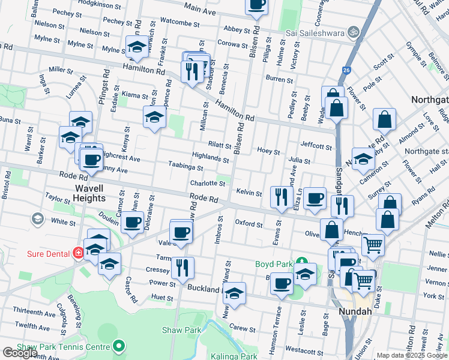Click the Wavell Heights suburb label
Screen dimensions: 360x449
click(90, 193)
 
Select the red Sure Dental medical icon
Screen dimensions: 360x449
click(77, 253)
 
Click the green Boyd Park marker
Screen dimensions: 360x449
click(303, 262)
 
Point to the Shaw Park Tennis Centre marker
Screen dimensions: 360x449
click(119, 346)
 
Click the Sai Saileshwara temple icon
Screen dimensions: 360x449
click(354, 31)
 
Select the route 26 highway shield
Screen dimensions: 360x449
click(346, 70)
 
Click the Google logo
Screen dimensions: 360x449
click(20, 353)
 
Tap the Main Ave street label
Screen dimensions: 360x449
click(200, 9)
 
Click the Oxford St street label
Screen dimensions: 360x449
click(249, 224)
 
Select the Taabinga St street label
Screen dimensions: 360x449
click(186, 167)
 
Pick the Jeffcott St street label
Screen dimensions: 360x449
click(316, 146)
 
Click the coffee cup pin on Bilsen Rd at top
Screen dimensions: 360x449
click(257, 5)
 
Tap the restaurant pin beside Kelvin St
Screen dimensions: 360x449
click(281, 197)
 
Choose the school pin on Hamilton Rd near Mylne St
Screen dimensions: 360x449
click(137, 47)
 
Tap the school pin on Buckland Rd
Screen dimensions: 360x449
click(235, 293)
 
